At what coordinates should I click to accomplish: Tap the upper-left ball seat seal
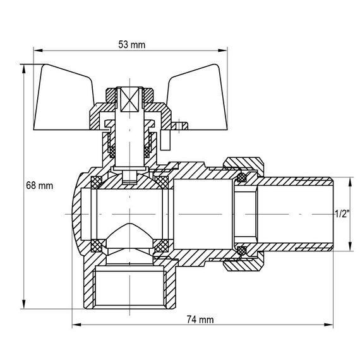point(97,183)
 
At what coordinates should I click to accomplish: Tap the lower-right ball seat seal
point(161,246)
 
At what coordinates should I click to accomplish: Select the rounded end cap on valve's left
point(74,215)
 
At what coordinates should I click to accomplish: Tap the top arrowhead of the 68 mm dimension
point(23,67)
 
